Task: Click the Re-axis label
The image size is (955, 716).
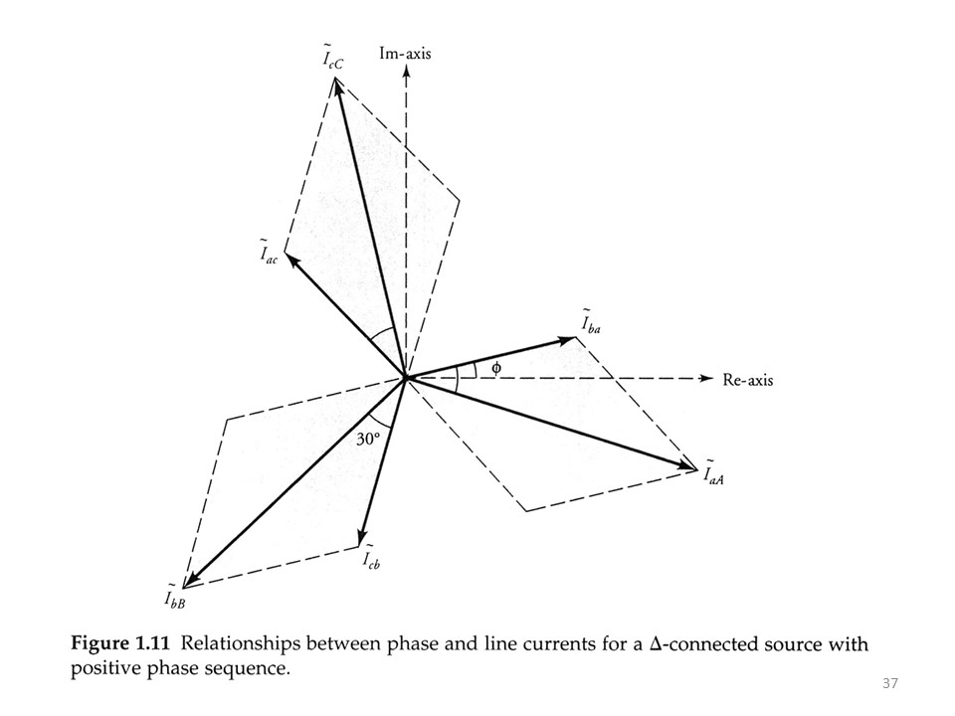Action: pos(748,380)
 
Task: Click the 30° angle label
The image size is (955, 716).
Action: pos(370,439)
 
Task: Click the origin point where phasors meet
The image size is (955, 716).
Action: pos(405,378)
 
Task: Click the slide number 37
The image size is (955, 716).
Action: pos(890,683)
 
